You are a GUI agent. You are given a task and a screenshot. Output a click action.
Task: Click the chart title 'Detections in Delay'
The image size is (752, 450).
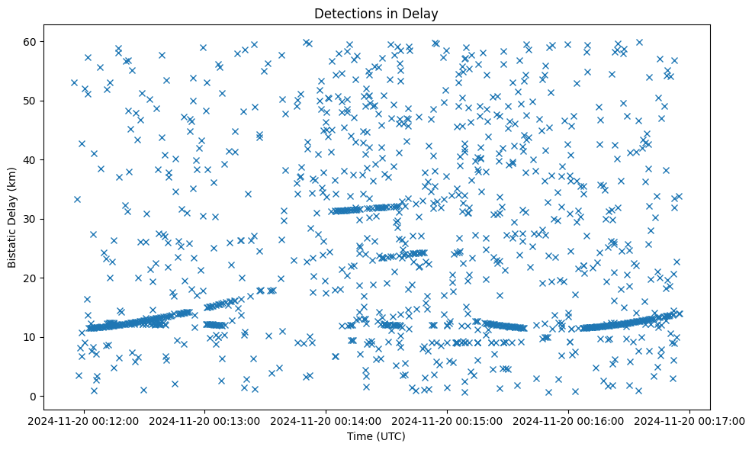(x=376, y=14)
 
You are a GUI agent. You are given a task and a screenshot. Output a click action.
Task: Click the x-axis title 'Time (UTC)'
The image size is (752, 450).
(x=376, y=436)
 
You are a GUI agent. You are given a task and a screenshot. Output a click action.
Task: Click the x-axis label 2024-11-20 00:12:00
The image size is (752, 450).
(x=84, y=420)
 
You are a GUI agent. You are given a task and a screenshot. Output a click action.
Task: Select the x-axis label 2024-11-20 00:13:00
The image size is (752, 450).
(x=205, y=420)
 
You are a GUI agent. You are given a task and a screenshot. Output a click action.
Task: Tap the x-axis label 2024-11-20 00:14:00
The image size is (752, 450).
(x=326, y=420)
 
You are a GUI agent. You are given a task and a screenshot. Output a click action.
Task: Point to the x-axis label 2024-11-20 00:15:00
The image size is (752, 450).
(x=448, y=420)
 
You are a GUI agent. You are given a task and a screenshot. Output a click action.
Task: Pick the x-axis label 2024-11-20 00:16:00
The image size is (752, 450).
(x=569, y=420)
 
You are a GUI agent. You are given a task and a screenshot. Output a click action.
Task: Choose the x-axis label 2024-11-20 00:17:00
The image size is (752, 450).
(x=690, y=420)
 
